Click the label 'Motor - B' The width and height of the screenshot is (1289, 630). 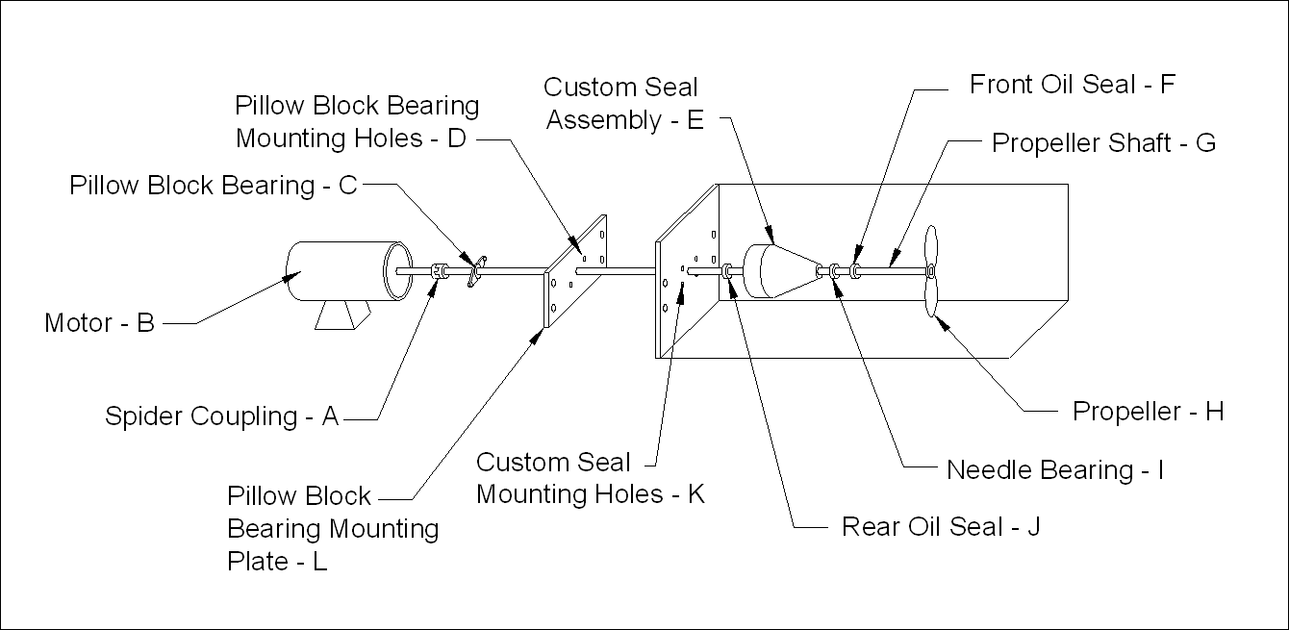click(x=99, y=323)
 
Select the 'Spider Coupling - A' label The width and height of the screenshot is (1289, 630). click(x=222, y=416)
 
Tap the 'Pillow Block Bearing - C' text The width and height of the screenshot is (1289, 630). click(x=214, y=186)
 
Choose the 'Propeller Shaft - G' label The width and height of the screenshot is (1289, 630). click(x=1103, y=143)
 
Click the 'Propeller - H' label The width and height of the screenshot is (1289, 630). click(x=1148, y=412)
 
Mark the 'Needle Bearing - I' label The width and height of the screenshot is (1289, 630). click(x=1055, y=470)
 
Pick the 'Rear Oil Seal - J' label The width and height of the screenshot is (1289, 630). click(x=941, y=527)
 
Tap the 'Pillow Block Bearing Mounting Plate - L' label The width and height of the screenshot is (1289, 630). click(x=333, y=528)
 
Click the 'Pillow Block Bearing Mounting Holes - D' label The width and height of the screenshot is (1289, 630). click(x=357, y=121)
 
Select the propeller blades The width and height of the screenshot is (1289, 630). click(x=930, y=272)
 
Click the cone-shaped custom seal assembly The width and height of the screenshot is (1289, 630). click(x=779, y=272)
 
